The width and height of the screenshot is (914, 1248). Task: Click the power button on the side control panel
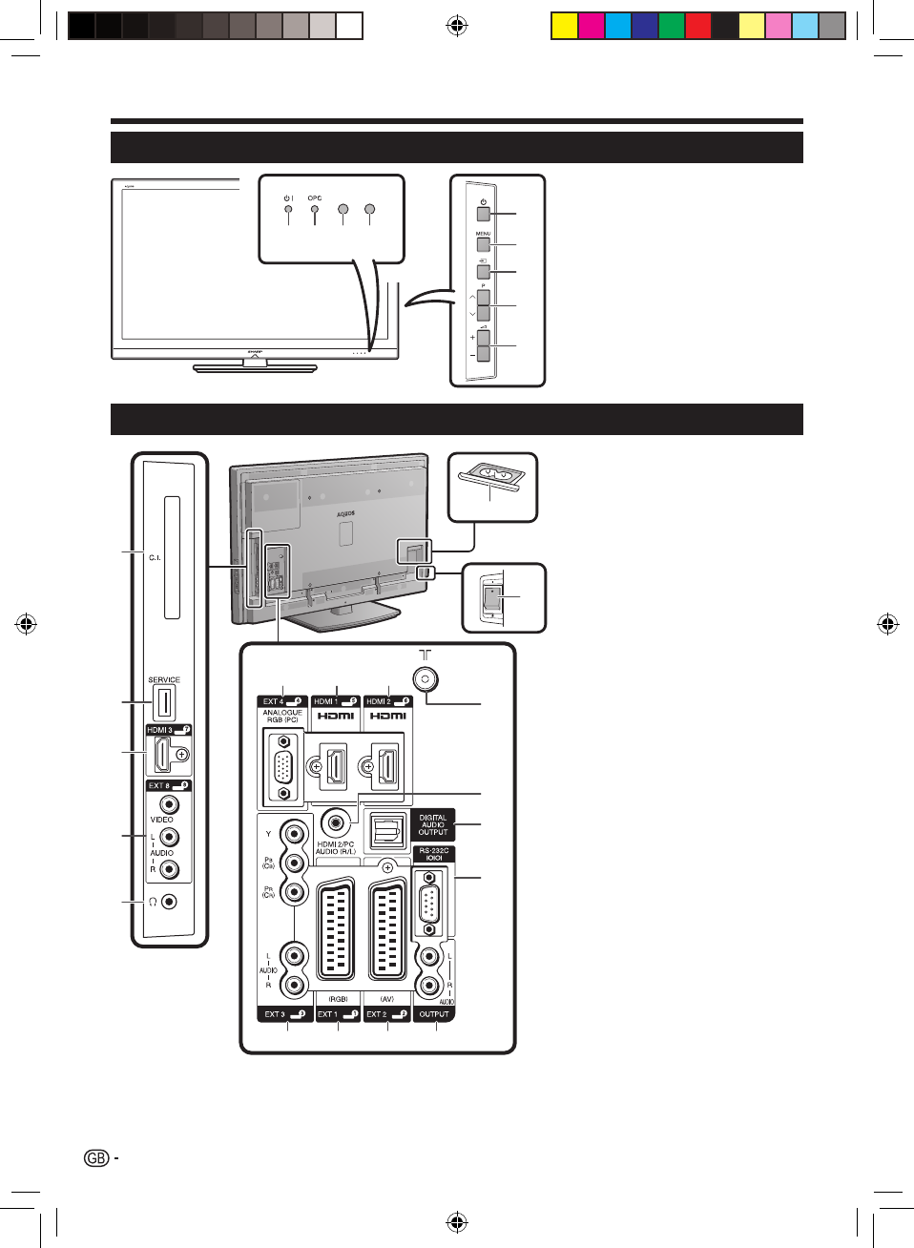(484, 214)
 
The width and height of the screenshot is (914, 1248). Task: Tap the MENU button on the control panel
(484, 244)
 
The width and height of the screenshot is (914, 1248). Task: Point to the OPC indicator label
(315, 198)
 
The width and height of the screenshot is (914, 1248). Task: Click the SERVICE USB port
(164, 703)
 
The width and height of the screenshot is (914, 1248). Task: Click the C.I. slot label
(155, 557)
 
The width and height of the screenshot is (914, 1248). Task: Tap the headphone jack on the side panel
(169, 902)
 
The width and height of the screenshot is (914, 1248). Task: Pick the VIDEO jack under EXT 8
(169, 804)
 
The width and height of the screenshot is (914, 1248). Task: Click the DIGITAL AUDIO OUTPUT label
(433, 825)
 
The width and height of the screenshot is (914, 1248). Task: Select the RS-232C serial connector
(429, 902)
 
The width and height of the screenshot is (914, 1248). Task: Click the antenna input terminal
(426, 678)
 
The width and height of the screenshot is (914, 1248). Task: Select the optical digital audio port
(386, 832)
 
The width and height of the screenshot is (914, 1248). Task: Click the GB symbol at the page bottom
(96, 1158)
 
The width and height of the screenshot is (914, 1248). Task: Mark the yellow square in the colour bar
(565, 26)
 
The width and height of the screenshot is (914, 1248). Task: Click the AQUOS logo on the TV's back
(345, 513)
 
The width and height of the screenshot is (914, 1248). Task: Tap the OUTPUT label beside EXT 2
(434, 1014)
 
